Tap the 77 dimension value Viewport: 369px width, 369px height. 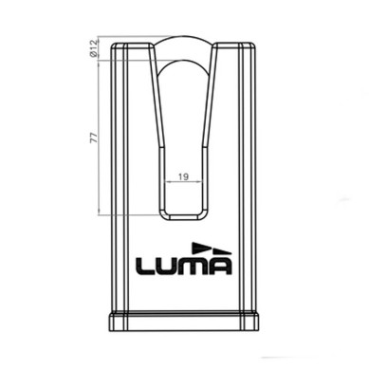point(94,138)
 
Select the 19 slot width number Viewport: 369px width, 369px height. point(184,175)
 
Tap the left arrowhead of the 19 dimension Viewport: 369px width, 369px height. point(168,183)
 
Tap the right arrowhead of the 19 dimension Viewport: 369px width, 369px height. point(200,183)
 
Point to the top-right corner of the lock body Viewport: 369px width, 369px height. point(256,40)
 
